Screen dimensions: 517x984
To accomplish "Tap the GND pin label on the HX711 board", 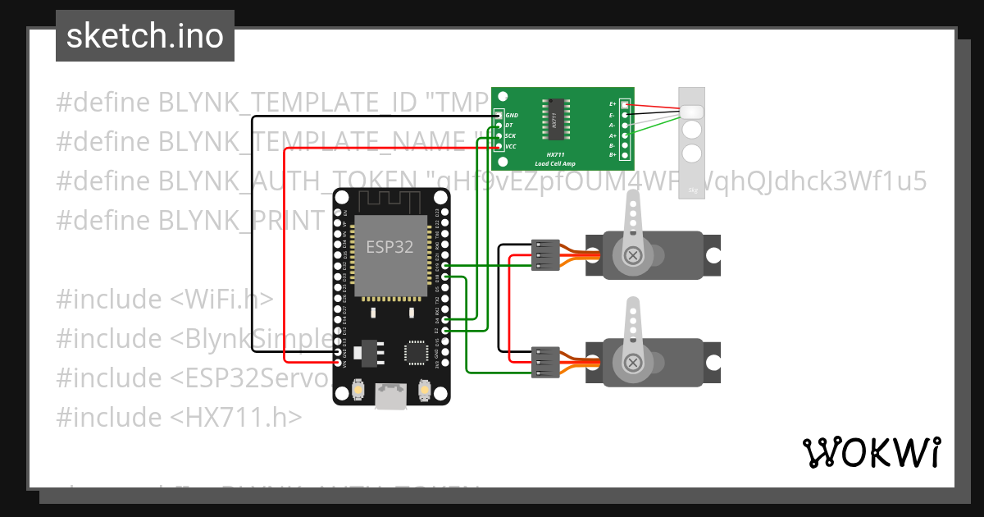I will (x=512, y=116).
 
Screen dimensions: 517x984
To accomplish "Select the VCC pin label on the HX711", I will (x=511, y=146).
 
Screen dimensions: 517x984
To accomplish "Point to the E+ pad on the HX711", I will (x=625, y=105).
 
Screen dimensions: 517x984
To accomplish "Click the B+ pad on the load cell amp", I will (x=625, y=155).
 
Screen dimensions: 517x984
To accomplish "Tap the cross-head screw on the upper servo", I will (x=633, y=255).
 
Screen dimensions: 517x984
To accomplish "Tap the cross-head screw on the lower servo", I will (x=633, y=362).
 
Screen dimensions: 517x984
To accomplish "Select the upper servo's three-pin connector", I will (x=544, y=255).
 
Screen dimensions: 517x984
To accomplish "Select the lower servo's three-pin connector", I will (x=544, y=362).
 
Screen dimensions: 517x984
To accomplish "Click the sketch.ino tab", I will (x=145, y=36).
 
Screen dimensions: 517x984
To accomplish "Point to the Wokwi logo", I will (x=871, y=452).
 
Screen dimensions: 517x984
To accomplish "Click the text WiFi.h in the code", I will (x=222, y=300).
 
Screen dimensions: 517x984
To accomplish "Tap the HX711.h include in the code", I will (x=236, y=418).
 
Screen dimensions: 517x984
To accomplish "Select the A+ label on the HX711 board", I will (x=613, y=135).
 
